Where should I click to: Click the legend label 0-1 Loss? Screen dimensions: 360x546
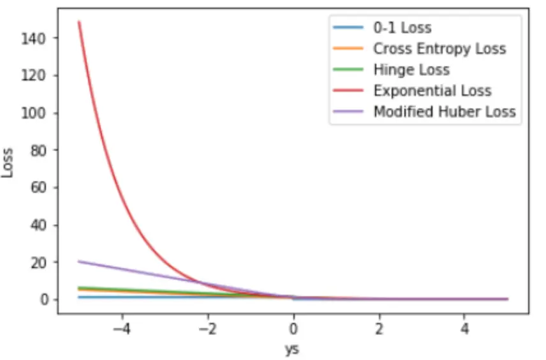(402, 27)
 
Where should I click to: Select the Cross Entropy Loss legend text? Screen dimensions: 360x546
(439, 49)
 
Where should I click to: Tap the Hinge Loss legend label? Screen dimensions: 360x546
(411, 70)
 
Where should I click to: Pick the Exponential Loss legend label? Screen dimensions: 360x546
(432, 91)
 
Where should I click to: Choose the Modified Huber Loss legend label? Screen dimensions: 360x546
(444, 112)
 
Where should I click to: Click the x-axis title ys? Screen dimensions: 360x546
(292, 349)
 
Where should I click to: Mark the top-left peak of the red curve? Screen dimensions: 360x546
(79, 22)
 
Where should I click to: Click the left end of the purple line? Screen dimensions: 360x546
(79, 261)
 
